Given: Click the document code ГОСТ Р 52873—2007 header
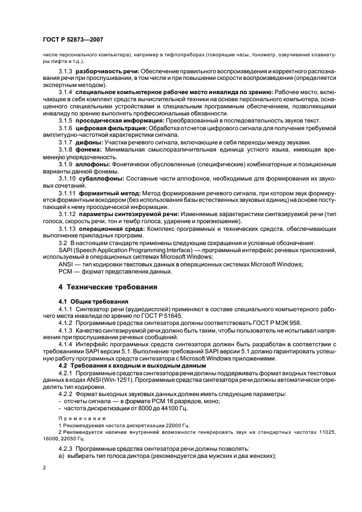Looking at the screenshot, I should (73, 39).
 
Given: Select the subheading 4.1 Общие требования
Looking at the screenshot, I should (94, 301).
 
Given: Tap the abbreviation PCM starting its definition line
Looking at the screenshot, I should (66, 271).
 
